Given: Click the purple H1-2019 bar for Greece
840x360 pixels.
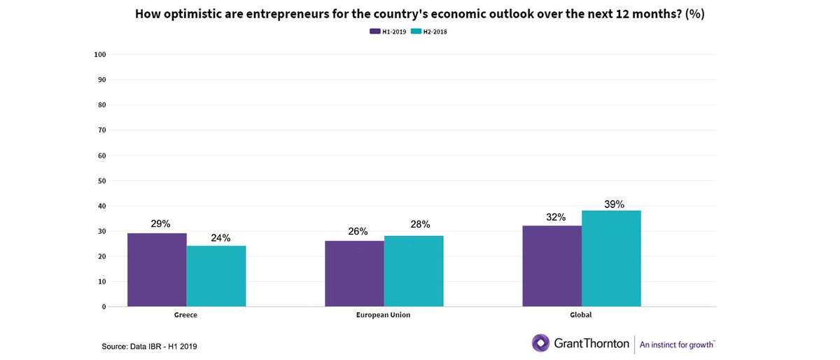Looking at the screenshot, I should click(157, 270).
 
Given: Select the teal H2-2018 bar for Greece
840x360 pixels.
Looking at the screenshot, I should click(216, 276).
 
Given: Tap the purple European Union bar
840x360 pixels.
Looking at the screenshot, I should click(354, 274).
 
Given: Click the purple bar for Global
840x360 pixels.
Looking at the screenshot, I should click(552, 266).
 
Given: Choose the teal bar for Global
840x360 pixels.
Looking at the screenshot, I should click(611, 258).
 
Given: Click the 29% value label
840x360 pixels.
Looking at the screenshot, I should click(160, 224).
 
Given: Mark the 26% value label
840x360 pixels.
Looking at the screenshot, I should click(357, 232).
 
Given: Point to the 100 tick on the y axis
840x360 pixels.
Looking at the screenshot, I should click(99, 55).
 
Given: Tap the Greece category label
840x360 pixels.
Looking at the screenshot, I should click(185, 315).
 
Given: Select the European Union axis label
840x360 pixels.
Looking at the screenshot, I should click(384, 315).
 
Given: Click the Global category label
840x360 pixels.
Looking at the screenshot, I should click(581, 315).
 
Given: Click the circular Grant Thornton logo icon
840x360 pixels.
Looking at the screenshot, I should click(540, 343).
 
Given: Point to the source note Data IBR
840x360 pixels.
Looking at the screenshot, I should click(155, 347).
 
